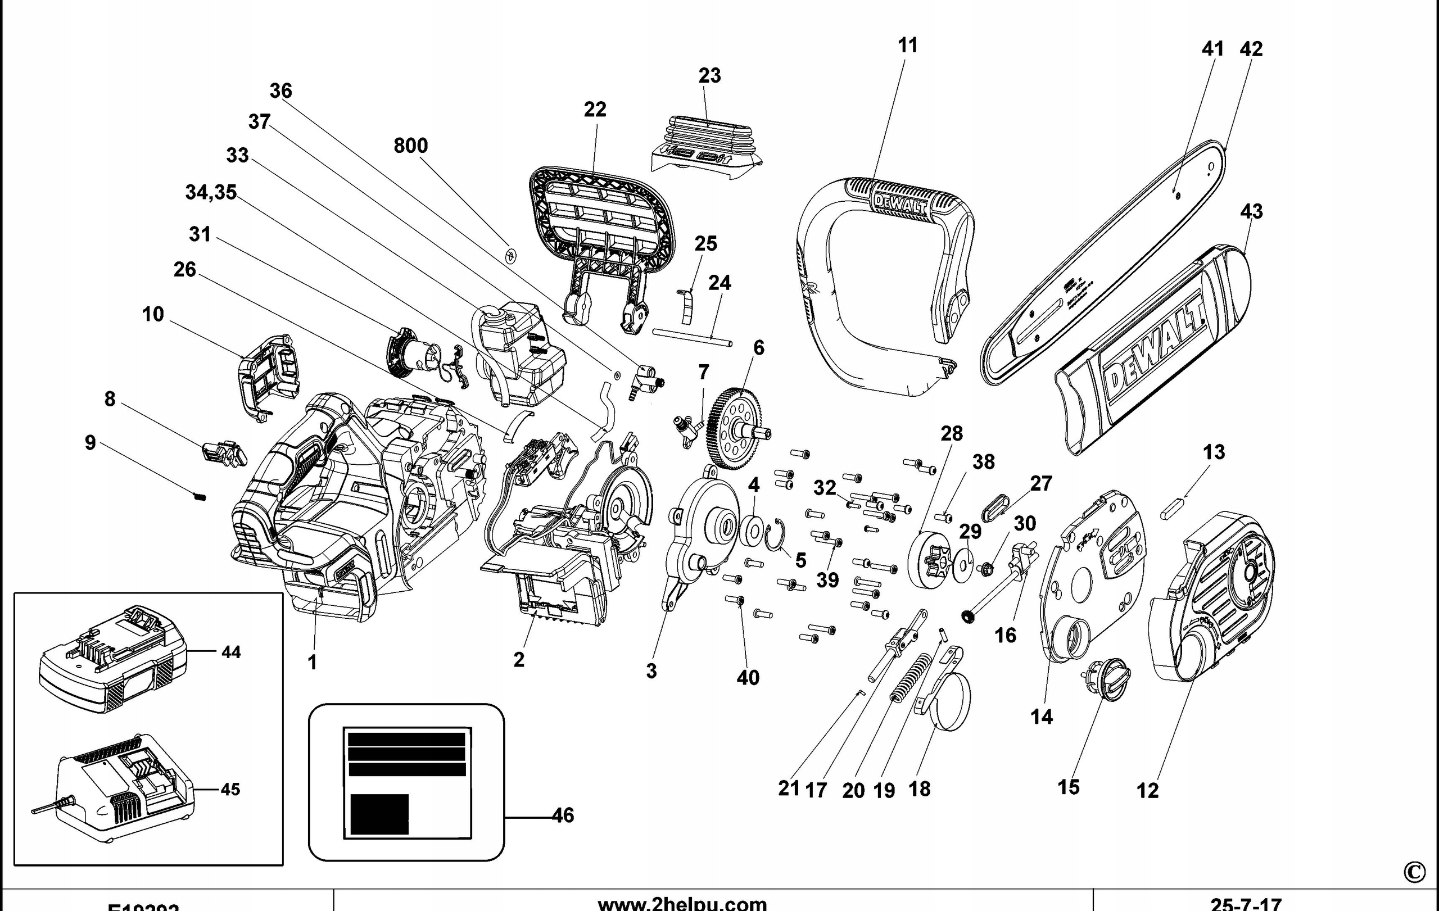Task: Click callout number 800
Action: click(x=410, y=146)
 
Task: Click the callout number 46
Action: click(x=562, y=815)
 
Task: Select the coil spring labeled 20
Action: click(x=908, y=678)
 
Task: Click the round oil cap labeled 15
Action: click(x=1106, y=679)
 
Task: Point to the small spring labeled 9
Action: click(x=200, y=496)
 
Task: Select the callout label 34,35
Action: click(x=210, y=192)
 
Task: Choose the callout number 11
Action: click(x=907, y=46)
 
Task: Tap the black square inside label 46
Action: click(x=379, y=814)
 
